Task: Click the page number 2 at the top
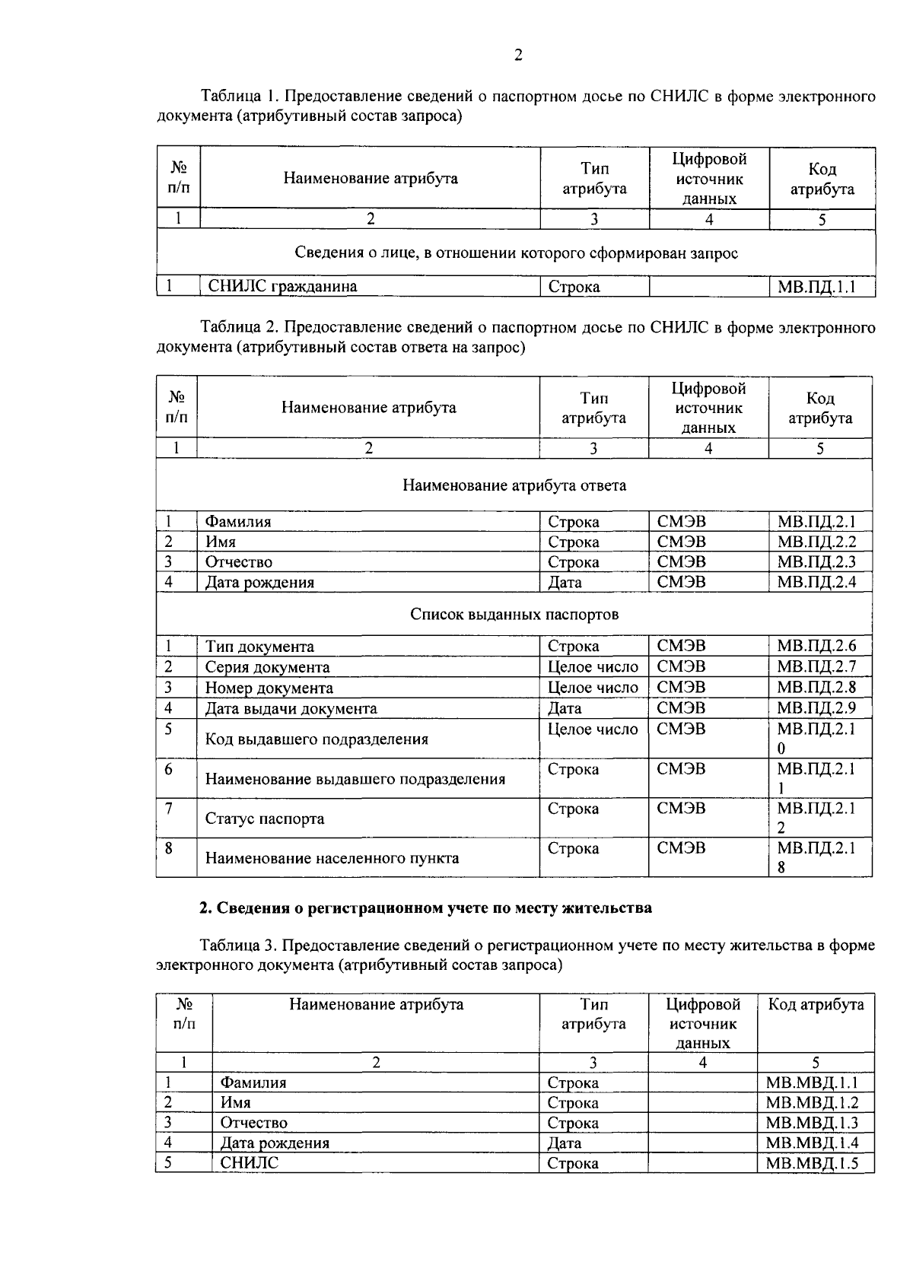click(518, 55)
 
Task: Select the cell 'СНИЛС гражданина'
click(283, 287)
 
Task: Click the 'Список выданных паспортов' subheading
click(514, 615)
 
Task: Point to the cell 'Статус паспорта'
click(265, 819)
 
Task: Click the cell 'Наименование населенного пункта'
click(332, 859)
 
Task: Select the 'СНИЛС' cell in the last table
click(250, 1164)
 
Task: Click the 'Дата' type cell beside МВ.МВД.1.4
click(565, 1143)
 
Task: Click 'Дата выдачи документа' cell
click(291, 709)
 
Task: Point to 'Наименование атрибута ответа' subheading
click(514, 485)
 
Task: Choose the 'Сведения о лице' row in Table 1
click(516, 253)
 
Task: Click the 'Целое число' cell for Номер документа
click(593, 688)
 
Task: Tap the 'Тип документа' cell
click(259, 647)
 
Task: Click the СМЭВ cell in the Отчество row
click(681, 562)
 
